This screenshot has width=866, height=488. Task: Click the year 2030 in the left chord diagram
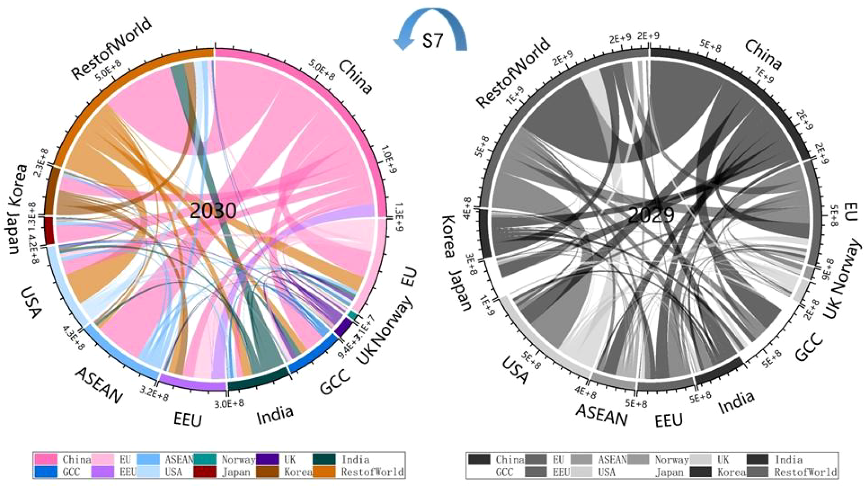[x=212, y=210]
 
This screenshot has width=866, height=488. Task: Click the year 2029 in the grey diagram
[x=651, y=215]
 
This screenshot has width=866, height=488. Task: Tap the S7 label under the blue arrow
[x=432, y=41]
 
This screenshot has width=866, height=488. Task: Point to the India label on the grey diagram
[x=736, y=402]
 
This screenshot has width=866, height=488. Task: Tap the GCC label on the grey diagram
[x=809, y=347]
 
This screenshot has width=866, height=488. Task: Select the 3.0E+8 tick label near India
[x=229, y=403]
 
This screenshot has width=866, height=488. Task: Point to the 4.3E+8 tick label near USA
[x=73, y=337]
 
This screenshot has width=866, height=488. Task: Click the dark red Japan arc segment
[x=49, y=230]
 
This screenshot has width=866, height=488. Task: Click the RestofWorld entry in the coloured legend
[x=372, y=472]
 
